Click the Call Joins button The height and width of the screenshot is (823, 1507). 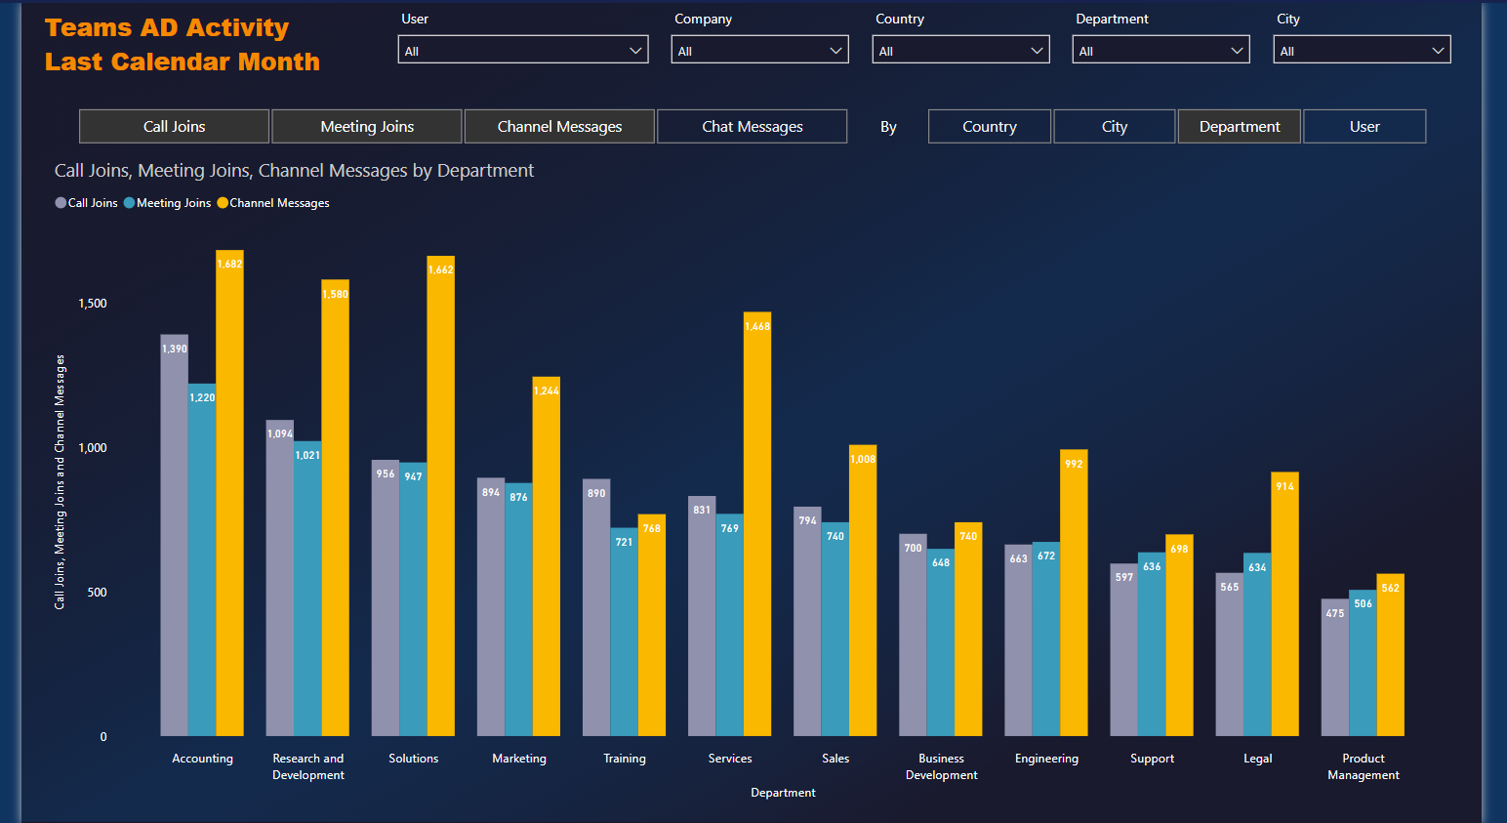174,127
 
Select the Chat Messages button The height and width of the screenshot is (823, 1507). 752,127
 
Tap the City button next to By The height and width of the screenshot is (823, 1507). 1114,127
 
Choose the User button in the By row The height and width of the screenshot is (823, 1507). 1364,127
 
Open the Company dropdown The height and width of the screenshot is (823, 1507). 759,51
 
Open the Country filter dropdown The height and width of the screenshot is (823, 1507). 960,51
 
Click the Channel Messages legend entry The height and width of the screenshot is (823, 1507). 278,203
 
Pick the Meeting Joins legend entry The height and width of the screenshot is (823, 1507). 173,203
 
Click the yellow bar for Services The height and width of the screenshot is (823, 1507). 757,527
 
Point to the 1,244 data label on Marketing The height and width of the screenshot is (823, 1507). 547,391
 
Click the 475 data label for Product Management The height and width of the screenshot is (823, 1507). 1335,613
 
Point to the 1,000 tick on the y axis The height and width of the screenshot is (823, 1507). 93,448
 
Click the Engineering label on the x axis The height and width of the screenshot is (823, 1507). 1046,759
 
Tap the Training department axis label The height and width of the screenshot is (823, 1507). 625,759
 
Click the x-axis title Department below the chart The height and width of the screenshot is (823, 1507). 783,793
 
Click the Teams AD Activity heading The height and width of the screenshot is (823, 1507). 167,28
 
